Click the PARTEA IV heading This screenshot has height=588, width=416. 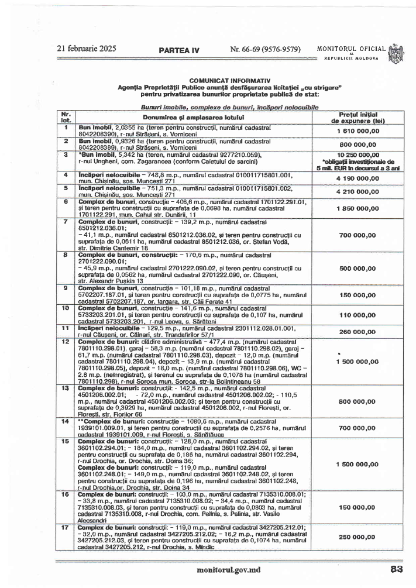point(179,50)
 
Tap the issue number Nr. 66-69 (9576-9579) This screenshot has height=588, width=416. point(266,49)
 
